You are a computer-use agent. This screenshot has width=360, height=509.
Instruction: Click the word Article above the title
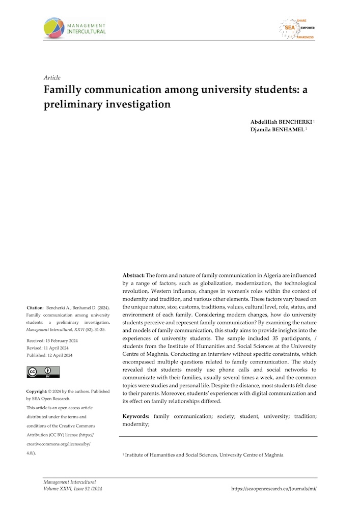(52, 78)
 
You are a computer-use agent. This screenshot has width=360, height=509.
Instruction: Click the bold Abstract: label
(134, 274)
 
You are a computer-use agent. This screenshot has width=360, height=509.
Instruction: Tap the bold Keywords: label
(136, 416)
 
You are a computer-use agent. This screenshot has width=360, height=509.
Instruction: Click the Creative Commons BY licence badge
(43, 372)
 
